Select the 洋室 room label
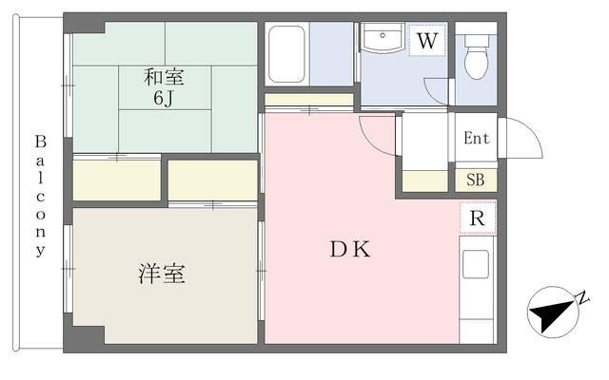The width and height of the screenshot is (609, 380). click(x=161, y=275)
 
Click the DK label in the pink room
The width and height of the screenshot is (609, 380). click(x=349, y=250)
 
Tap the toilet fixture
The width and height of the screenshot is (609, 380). click(x=475, y=58)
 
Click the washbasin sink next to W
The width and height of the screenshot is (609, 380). click(x=383, y=40)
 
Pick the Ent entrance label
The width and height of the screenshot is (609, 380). click(x=476, y=139)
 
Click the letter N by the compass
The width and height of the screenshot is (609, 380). click(x=582, y=300)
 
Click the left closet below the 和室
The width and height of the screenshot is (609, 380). click(x=116, y=180)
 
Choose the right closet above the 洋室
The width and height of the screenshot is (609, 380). click(x=212, y=180)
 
